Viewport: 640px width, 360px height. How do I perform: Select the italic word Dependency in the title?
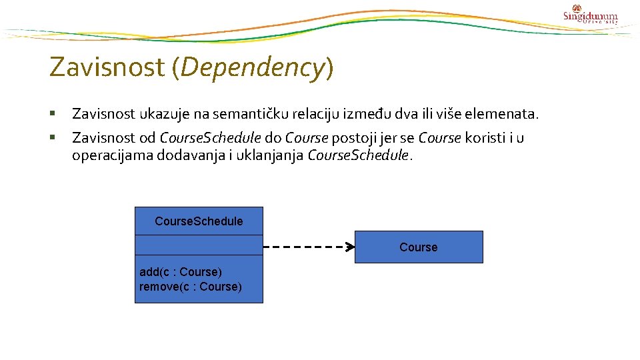(252, 67)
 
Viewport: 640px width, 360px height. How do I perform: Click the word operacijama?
(111, 156)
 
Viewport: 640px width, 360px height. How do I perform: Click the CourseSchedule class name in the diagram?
(199, 221)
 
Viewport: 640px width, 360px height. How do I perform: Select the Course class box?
(419, 247)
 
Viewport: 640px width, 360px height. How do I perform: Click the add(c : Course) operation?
(181, 272)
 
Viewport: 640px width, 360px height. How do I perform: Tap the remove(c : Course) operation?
(191, 287)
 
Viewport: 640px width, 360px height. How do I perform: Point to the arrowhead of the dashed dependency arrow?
(350, 247)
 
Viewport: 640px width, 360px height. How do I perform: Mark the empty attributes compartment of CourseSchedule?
(199, 245)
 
